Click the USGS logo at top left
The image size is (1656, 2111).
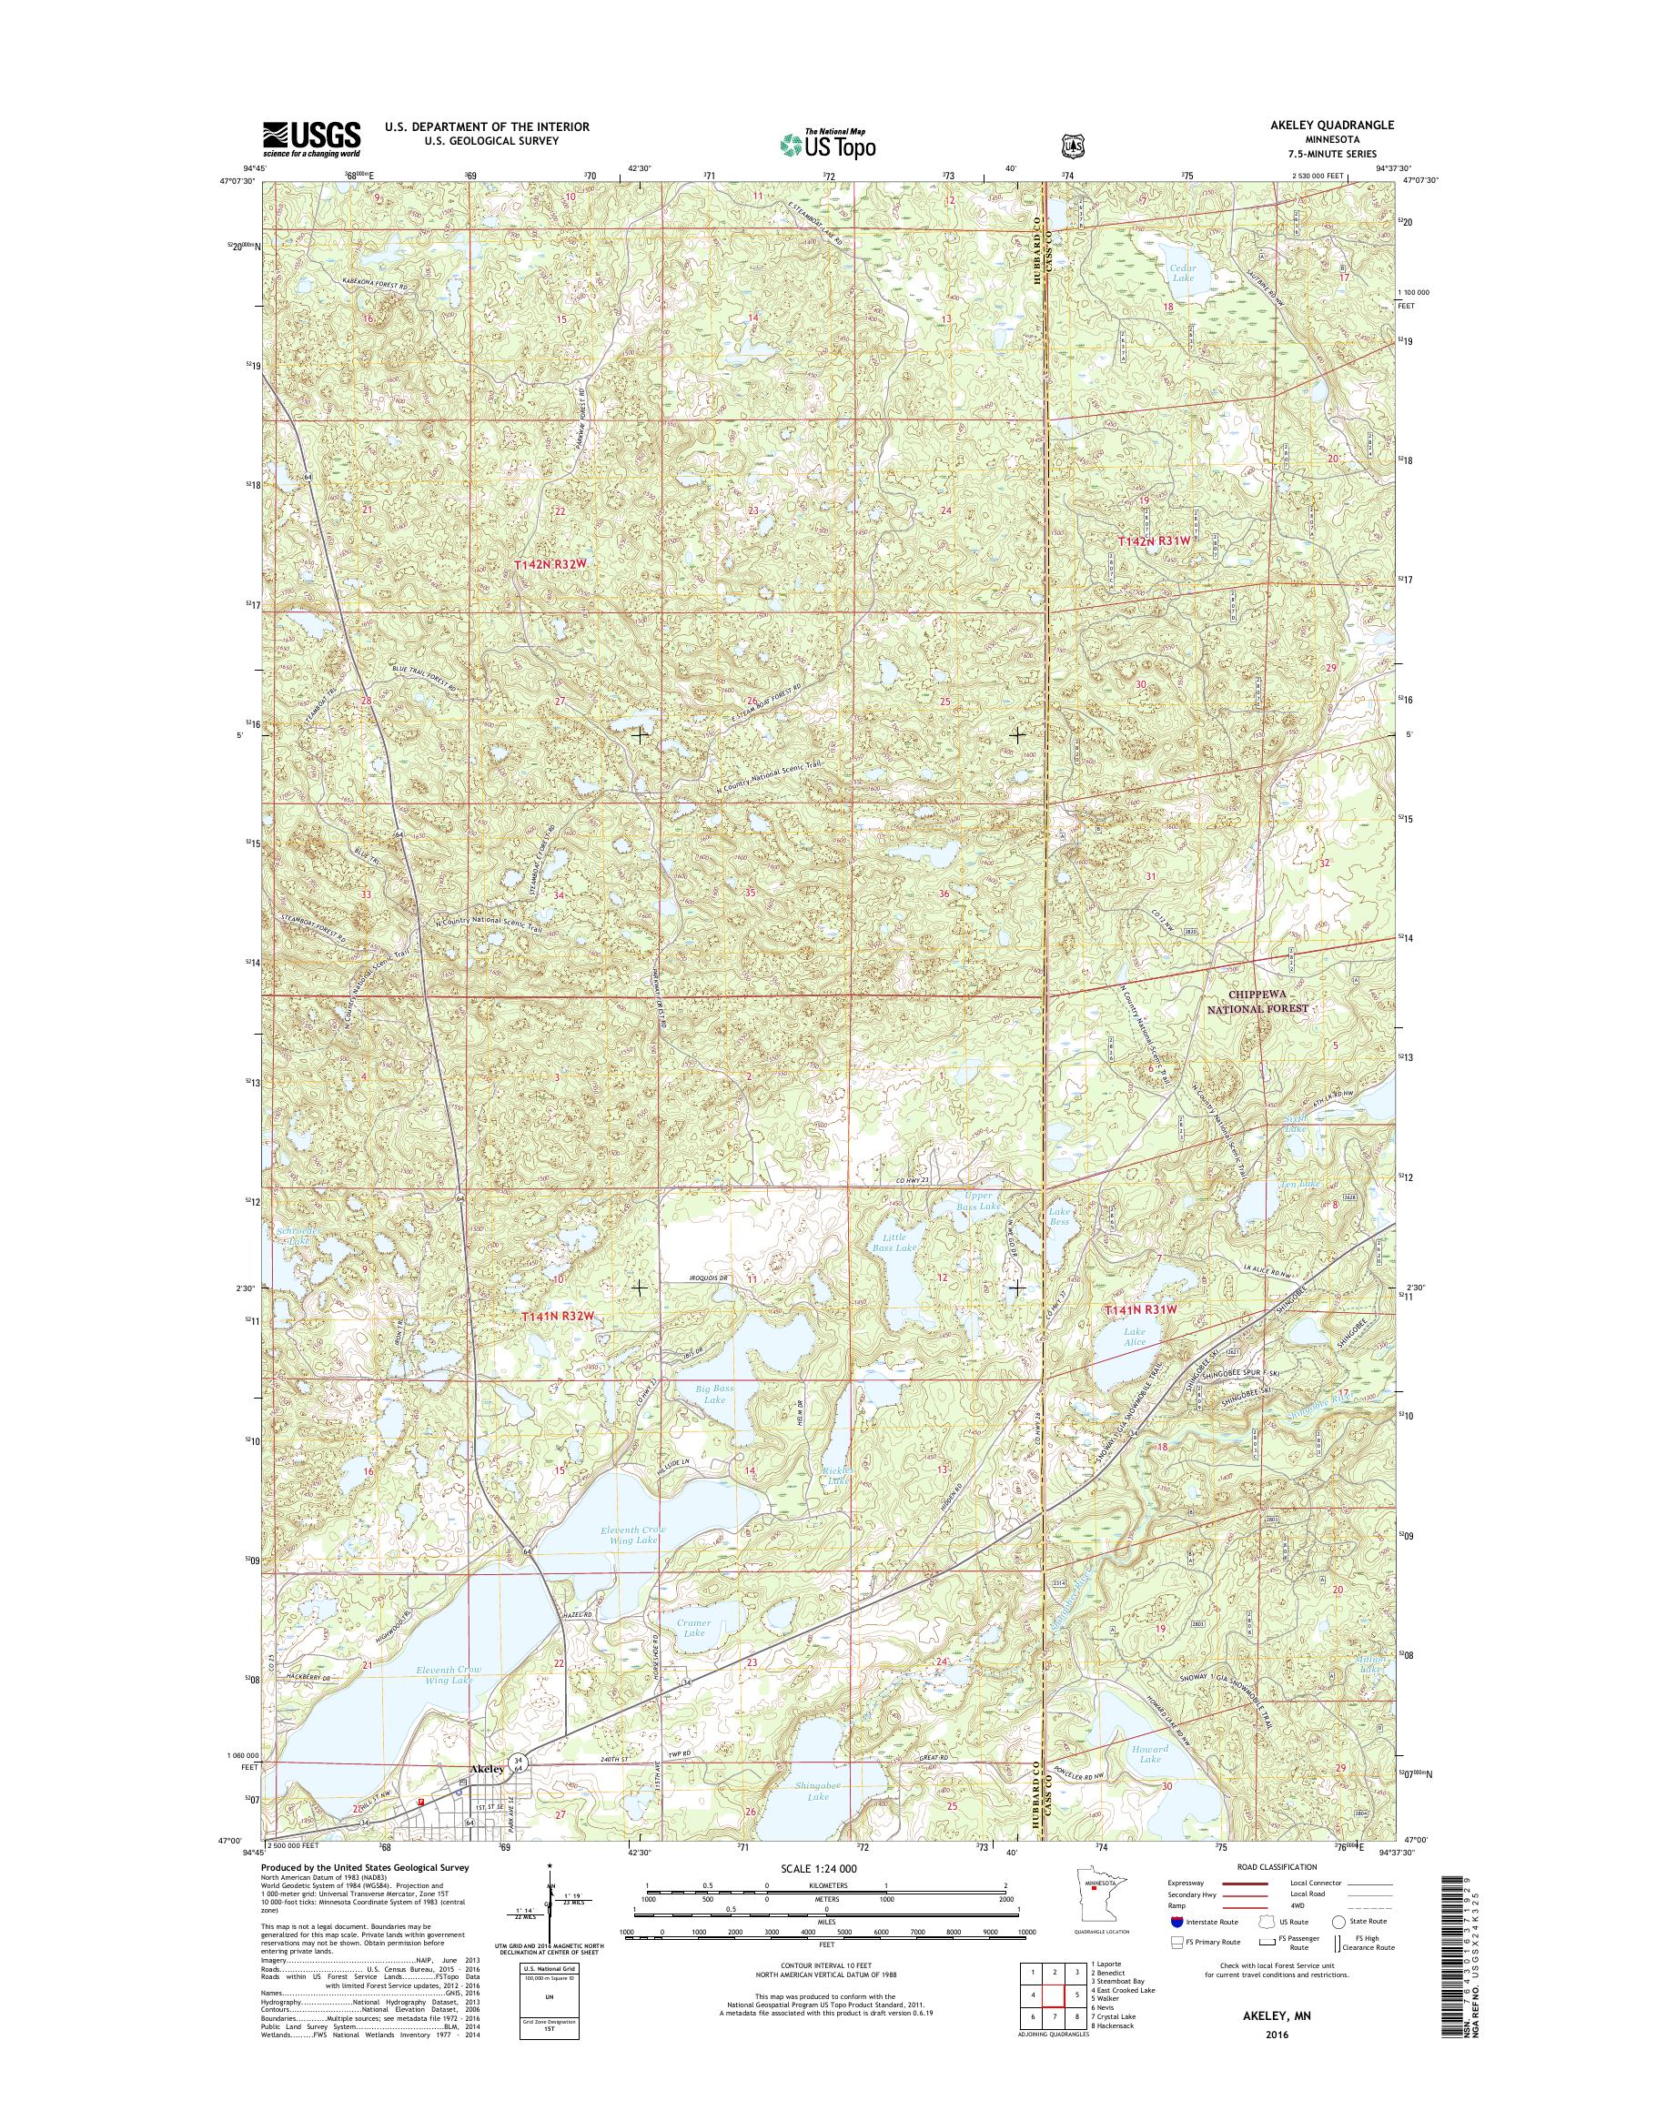(x=311, y=138)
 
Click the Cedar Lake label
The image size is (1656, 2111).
(x=1183, y=272)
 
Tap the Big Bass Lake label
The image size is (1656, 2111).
(x=714, y=1393)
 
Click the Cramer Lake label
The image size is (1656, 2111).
(x=693, y=1627)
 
